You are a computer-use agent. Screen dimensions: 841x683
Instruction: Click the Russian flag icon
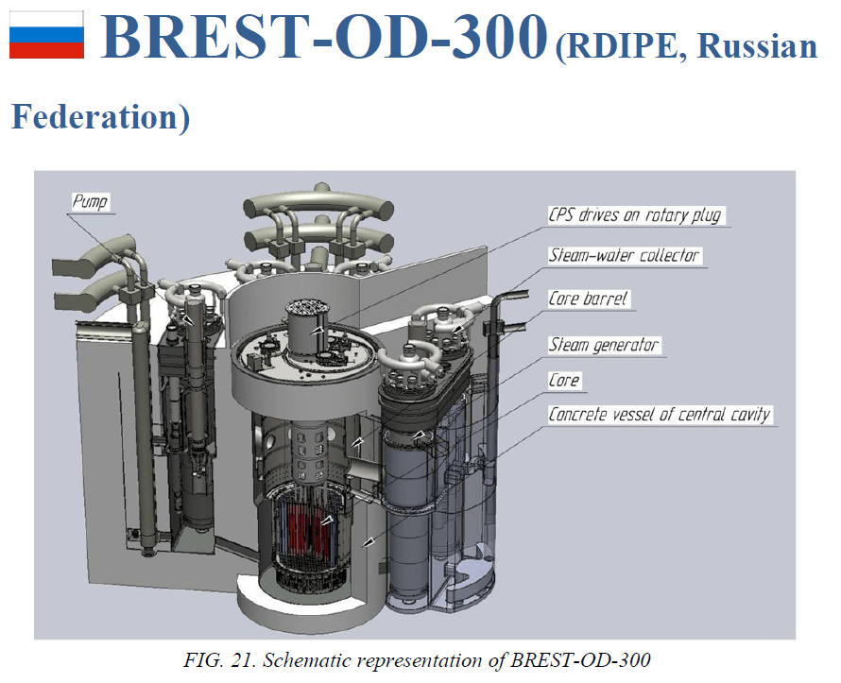pyautogui.click(x=46, y=34)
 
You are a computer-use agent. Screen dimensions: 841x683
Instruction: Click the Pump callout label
pyautogui.click(x=90, y=201)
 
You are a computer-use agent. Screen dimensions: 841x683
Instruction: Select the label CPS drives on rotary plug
pyautogui.click(x=635, y=215)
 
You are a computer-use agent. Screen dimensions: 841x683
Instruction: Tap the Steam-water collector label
pyautogui.click(x=625, y=255)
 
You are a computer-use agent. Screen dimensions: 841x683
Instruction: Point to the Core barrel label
pyautogui.click(x=588, y=299)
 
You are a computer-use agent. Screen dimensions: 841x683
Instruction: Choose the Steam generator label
pyautogui.click(x=604, y=344)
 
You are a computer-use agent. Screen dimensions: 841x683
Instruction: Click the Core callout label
pyautogui.click(x=564, y=380)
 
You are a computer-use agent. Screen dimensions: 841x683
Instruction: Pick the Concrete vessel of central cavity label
pyautogui.click(x=660, y=415)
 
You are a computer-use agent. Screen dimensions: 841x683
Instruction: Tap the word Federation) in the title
pyautogui.click(x=101, y=116)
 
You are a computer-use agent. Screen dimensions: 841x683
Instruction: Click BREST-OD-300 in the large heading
pyautogui.click(x=324, y=35)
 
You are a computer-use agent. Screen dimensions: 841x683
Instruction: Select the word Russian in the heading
pyautogui.click(x=757, y=46)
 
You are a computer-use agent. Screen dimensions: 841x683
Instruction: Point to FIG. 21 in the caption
pyautogui.click(x=219, y=659)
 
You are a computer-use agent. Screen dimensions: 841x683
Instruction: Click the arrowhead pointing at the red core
pyautogui.click(x=327, y=521)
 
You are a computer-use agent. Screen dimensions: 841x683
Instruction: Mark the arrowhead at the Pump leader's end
pyautogui.click(x=188, y=319)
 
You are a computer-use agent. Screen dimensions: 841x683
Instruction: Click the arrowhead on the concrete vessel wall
pyautogui.click(x=368, y=543)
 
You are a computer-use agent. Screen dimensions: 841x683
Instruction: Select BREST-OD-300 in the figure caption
pyautogui.click(x=580, y=659)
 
